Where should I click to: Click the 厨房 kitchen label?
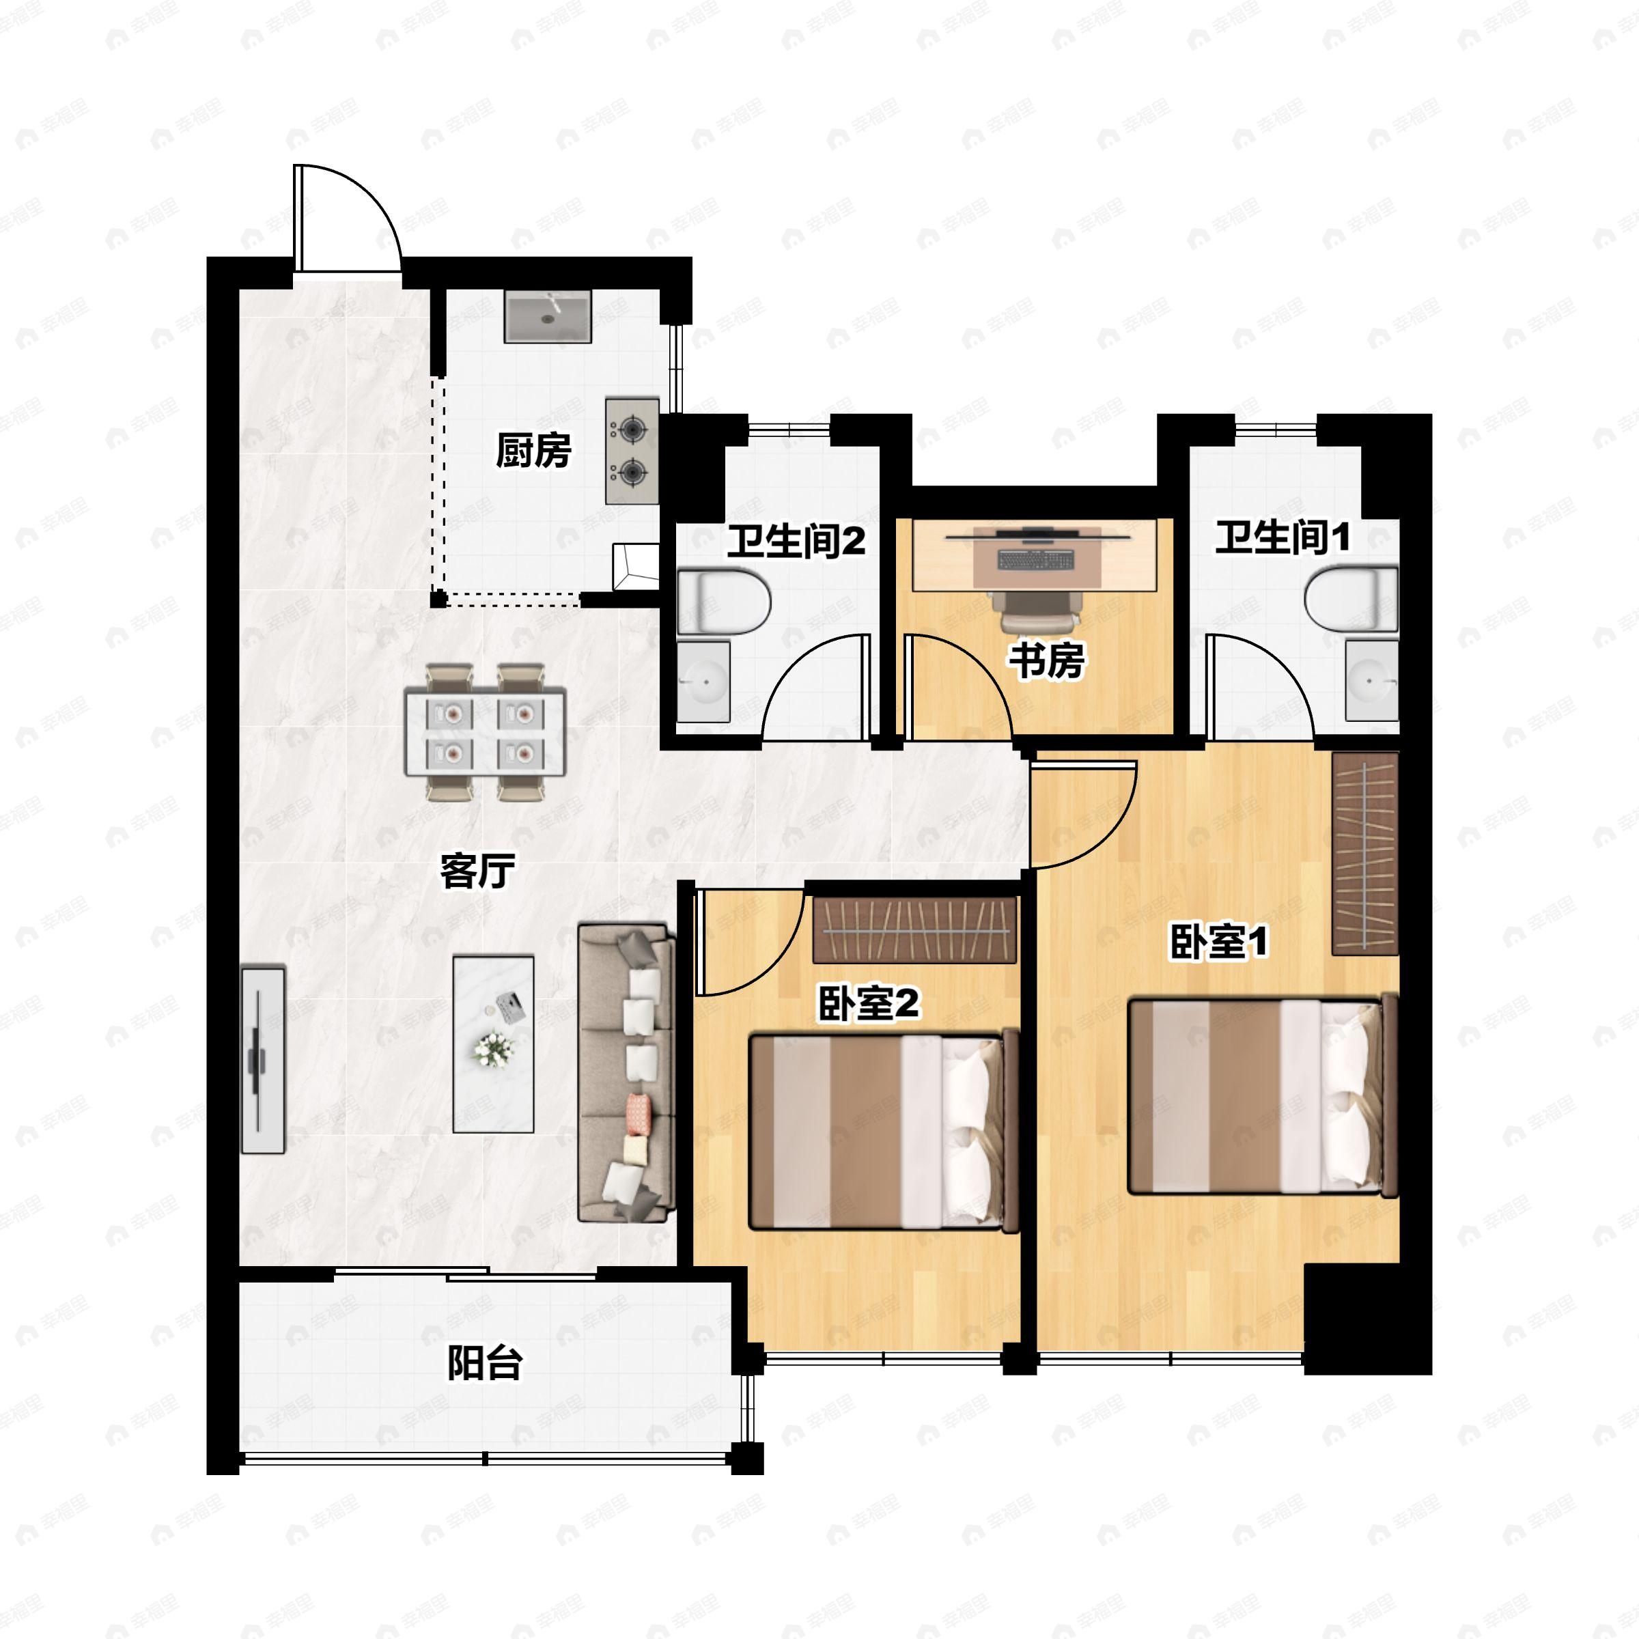tap(533, 451)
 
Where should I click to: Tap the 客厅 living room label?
tap(477, 871)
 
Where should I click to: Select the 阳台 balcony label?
tap(484, 1364)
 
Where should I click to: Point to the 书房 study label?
tap(1046, 661)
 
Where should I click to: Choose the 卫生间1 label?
tap(1282, 538)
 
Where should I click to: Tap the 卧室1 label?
tap(1218, 942)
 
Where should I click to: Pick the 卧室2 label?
tap(868, 1004)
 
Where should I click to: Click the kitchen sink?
tap(547, 316)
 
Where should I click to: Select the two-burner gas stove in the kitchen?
tap(632, 451)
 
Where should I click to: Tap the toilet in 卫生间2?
tap(724, 602)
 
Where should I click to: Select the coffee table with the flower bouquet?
tap(493, 1044)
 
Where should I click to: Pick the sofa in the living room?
tap(626, 1073)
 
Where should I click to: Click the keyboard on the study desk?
tap(1036, 560)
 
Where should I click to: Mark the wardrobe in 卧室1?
tap(1364, 852)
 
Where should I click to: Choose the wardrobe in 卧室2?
tap(914, 929)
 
